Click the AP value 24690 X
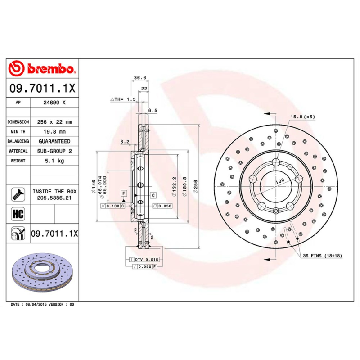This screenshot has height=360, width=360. (x=54, y=103)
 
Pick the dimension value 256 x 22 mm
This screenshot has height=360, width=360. (x=54, y=122)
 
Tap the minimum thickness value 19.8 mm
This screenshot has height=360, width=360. (x=54, y=132)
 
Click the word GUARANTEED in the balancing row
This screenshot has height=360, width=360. (x=54, y=141)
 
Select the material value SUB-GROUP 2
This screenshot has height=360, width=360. (x=54, y=151)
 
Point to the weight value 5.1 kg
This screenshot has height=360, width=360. (x=54, y=161)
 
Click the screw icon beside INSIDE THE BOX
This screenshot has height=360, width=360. (x=18, y=194)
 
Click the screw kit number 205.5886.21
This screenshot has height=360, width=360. (x=54, y=198)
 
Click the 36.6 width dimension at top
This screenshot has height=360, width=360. (x=139, y=78)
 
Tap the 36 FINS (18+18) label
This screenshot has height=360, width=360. (x=323, y=256)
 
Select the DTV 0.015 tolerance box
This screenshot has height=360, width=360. (x=144, y=260)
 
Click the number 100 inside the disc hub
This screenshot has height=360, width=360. (x=280, y=181)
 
